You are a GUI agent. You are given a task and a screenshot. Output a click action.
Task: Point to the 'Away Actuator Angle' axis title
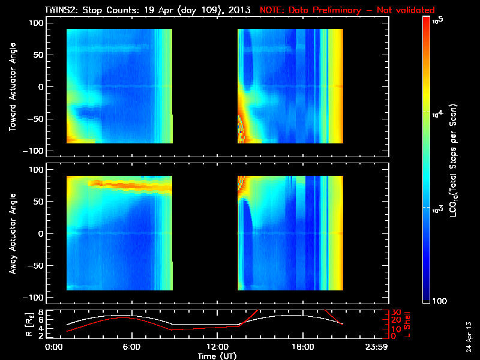pos(11,233)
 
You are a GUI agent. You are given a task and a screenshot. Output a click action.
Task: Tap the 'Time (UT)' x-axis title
pos(217,355)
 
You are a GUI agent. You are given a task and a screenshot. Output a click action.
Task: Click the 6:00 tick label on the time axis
pos(131,347)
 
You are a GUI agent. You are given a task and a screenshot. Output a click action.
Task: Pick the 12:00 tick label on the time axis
pos(217,347)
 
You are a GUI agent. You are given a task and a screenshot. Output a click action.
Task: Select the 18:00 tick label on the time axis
pos(302,347)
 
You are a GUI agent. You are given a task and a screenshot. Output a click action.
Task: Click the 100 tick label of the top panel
pos(37,23)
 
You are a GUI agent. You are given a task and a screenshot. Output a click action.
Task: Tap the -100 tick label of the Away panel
pos(35,298)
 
